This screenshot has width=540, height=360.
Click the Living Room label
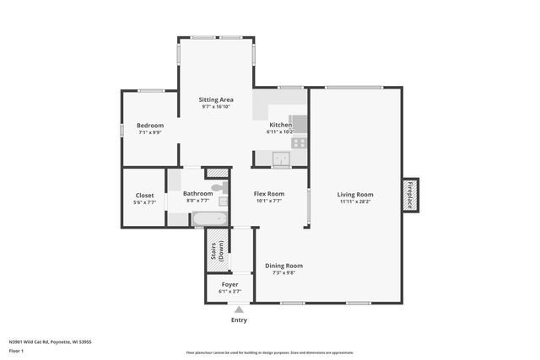pos(355,195)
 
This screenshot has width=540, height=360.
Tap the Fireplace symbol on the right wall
pos(411,195)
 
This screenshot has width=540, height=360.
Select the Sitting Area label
pos(216,99)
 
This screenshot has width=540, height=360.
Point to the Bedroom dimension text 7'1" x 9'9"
pos(150,132)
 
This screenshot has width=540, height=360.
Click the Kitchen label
pos(280,125)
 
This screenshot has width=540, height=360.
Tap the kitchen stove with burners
pos(299,142)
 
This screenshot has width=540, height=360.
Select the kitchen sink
pos(279,158)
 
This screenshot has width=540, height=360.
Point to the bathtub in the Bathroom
pos(208,220)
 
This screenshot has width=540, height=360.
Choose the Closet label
pos(144,195)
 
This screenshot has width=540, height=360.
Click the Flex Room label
pos(268,195)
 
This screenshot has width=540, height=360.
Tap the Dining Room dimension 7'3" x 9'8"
pos(283,273)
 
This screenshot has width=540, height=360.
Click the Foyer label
pos(229,285)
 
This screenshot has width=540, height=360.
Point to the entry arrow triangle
pos(239,310)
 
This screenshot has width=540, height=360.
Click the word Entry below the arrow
pos(239,320)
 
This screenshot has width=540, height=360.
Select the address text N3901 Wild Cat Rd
pos(50,342)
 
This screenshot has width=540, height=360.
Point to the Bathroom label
pos(198,195)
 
